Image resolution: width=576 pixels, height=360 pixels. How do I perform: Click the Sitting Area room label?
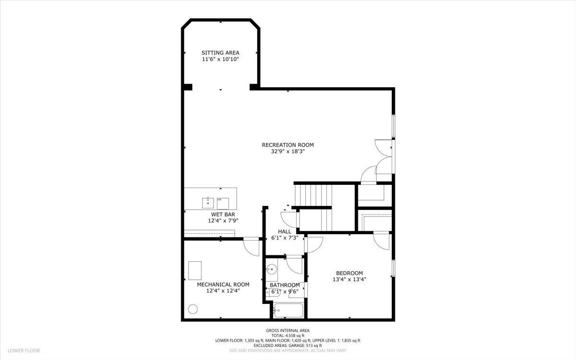[x=220, y=53]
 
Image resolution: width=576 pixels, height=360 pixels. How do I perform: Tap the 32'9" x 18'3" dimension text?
[x=288, y=151]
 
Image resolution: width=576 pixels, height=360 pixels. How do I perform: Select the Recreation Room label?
[x=288, y=144]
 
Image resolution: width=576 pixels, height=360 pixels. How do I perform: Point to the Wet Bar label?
[x=223, y=214]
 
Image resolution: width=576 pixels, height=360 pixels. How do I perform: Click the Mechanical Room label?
[x=223, y=284]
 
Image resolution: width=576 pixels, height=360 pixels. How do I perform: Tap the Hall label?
[x=285, y=231]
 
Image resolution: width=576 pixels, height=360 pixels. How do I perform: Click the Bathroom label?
[x=285, y=285]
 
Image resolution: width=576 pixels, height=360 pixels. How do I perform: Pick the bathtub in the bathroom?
[x=288, y=311]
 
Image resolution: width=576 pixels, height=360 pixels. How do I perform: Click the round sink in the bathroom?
[x=272, y=270]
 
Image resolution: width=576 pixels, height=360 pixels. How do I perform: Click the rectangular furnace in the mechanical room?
[x=195, y=270]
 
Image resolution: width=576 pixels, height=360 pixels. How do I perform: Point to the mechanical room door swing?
[x=251, y=247]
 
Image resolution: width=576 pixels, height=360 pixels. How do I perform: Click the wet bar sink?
[x=208, y=201]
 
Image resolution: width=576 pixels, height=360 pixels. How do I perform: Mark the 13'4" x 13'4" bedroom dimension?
[x=349, y=279]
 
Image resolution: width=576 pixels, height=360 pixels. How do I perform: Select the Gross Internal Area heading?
[x=288, y=330]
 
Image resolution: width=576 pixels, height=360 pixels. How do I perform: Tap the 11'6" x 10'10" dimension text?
[x=220, y=59]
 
